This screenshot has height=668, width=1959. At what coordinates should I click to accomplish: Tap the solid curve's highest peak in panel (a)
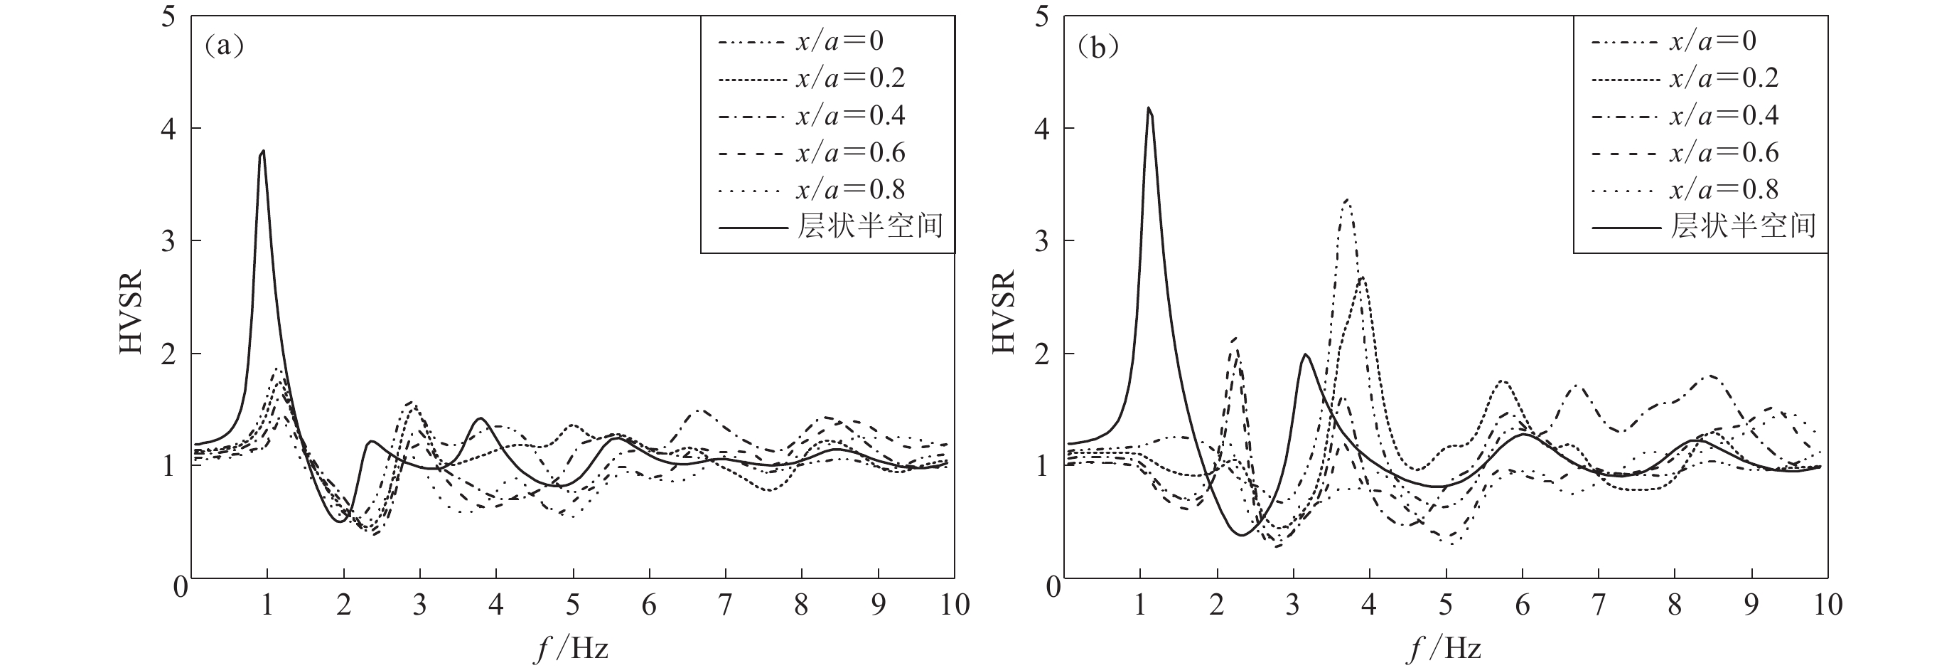click(x=263, y=151)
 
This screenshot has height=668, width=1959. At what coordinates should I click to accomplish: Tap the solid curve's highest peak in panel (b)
click(x=1149, y=107)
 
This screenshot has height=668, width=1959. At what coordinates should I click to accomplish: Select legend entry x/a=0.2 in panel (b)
click(x=1723, y=78)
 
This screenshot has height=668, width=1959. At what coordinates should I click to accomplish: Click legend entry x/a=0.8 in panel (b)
click(x=1723, y=189)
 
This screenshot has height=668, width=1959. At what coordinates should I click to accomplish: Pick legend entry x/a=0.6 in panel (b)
click(x=1723, y=152)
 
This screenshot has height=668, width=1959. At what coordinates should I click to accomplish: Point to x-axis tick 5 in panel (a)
click(x=573, y=605)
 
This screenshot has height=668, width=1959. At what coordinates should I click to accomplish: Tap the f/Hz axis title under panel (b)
click(x=1445, y=649)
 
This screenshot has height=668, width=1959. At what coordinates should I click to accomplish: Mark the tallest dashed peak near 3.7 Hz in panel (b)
click(x=1347, y=199)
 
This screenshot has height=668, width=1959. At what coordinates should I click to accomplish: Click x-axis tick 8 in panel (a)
click(x=802, y=605)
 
